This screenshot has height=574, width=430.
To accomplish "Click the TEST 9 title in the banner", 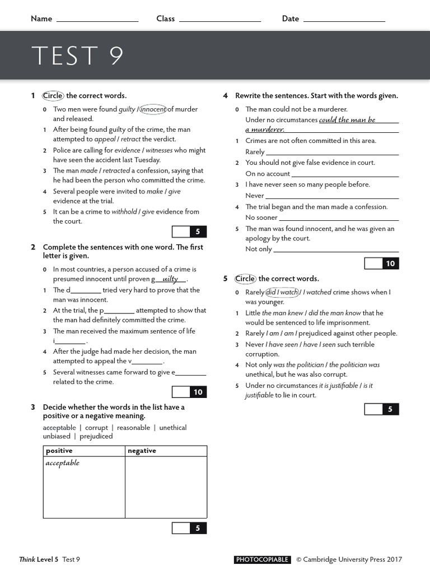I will (x=77, y=55).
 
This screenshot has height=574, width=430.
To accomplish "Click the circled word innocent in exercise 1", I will (x=153, y=109).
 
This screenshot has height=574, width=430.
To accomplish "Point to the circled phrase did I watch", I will (x=282, y=292).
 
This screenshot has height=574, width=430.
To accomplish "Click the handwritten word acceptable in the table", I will (x=62, y=463).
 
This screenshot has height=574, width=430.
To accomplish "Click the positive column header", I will (x=59, y=451).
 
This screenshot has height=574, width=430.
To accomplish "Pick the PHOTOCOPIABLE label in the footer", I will (x=262, y=559).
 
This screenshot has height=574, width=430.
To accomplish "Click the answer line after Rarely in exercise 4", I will (x=332, y=152).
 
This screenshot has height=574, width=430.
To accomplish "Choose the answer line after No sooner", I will (x=339, y=217).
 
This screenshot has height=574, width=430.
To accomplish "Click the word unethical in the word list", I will (x=172, y=428).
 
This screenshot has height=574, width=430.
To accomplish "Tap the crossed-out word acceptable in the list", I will (x=59, y=428).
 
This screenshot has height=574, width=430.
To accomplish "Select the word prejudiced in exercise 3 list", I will (x=96, y=436).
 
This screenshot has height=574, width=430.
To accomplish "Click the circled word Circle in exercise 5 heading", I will (x=244, y=279).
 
